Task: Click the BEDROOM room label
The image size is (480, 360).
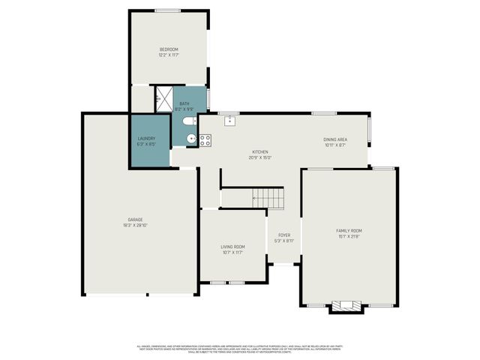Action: coord(168,49)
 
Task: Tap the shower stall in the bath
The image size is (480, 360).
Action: coord(163,98)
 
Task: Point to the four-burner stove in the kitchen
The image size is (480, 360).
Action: coord(205,139)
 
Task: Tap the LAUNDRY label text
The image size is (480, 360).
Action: coord(146,138)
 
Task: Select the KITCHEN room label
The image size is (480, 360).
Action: coord(259,152)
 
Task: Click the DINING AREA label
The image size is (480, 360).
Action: coord(334,139)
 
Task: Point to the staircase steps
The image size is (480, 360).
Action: coord(269,198)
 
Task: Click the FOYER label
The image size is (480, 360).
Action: coord(284,235)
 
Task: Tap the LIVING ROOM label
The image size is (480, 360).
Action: coord(232,247)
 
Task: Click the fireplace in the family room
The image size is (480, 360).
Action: coord(346,305)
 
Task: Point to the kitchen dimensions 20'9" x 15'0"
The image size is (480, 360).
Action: coord(259,157)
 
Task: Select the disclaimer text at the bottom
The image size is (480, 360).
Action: coord(240,349)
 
